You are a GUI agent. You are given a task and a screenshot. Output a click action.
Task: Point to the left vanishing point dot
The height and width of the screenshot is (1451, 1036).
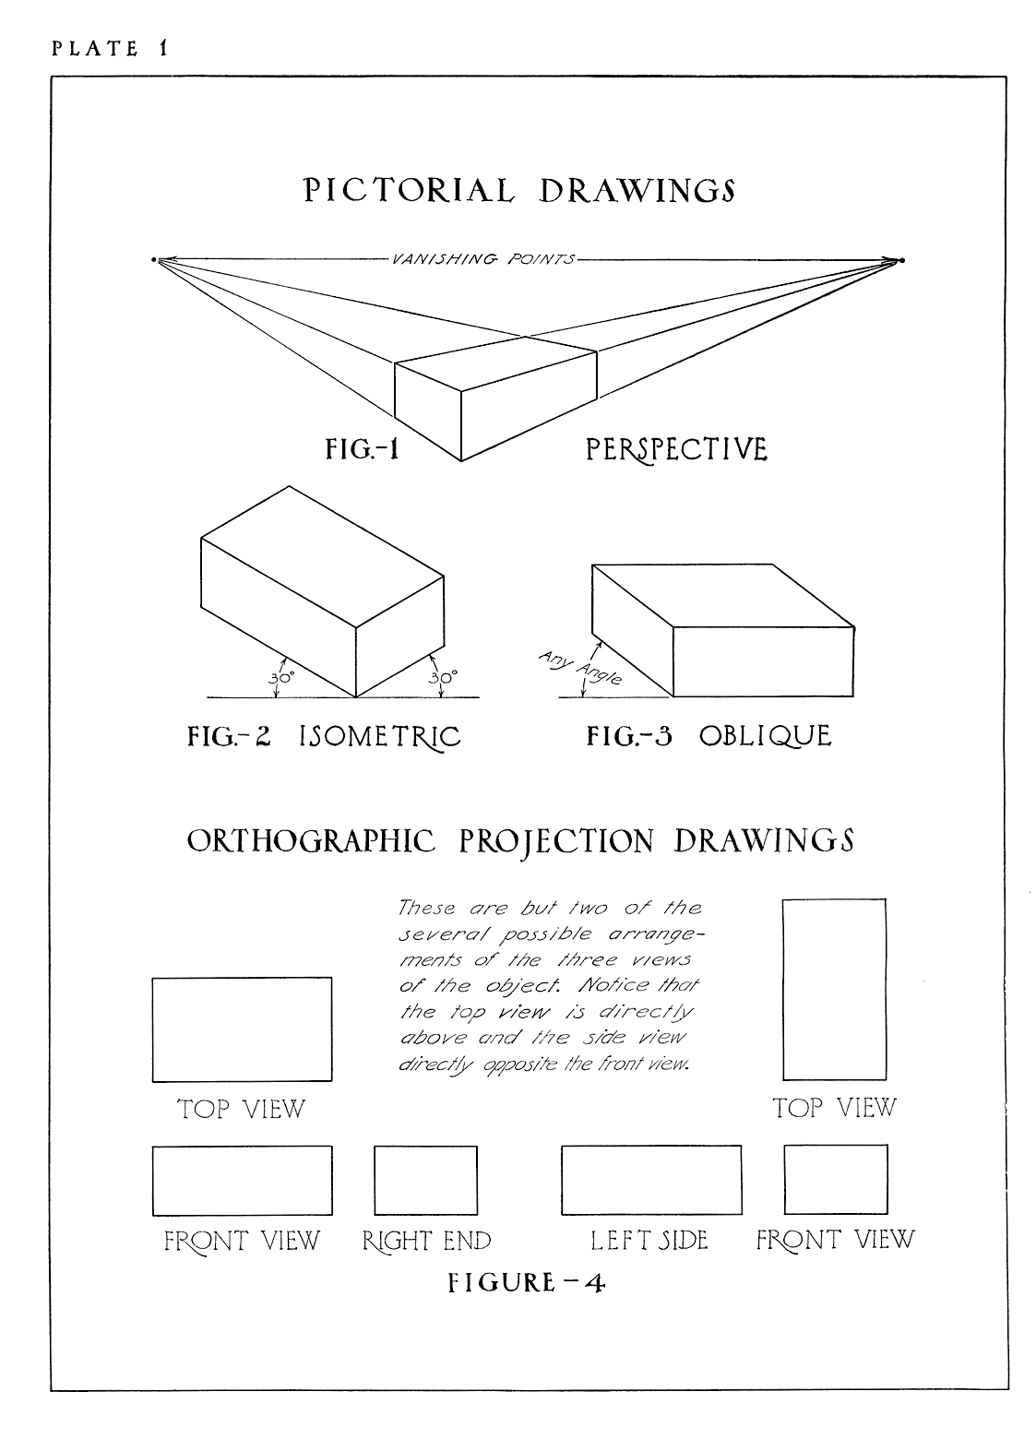154,260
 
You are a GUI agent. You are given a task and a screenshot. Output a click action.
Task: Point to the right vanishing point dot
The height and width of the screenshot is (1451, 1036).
902,261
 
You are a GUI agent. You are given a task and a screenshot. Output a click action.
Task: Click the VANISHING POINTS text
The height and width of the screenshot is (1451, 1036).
482,259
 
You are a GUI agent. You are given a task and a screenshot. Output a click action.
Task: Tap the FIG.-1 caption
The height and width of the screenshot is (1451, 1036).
363,449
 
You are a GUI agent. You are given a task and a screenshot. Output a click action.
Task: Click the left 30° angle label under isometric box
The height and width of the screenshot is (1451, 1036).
280,677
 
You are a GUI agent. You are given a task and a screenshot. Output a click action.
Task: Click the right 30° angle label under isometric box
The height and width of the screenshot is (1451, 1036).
443,677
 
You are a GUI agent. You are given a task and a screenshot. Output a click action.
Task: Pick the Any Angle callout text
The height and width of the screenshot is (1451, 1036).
579,668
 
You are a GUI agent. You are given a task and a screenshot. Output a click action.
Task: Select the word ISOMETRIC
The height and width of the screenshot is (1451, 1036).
379,736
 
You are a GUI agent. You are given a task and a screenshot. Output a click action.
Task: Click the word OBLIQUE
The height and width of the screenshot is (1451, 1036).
765,736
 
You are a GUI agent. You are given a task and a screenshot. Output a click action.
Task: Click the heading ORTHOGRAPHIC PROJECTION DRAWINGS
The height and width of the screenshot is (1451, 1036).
519,841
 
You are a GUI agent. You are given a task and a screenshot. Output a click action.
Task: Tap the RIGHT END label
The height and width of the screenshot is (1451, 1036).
426,1241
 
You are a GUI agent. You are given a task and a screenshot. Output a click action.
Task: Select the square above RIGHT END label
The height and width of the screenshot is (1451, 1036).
425,1180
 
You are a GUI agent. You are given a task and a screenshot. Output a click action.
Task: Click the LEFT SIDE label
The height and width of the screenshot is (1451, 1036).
649,1240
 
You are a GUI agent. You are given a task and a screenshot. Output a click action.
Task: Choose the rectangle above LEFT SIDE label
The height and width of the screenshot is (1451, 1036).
650,1180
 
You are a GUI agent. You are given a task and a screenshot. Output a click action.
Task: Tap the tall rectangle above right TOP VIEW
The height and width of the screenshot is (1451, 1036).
834,989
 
